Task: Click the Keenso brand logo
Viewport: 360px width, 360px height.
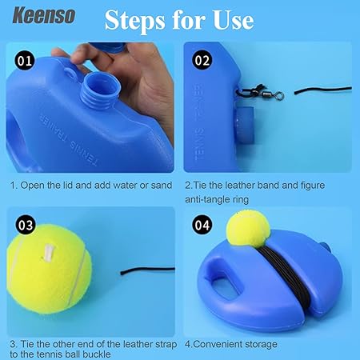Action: coord(44,15)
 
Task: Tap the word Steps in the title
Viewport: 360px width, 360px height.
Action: coord(135,21)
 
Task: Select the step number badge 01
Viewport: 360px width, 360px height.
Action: coord(25,60)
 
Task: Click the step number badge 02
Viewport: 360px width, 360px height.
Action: coord(202,60)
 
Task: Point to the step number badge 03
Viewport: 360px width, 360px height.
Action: coord(26,225)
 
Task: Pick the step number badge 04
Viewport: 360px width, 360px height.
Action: coord(202,225)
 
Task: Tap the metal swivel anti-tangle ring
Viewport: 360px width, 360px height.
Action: coord(270,94)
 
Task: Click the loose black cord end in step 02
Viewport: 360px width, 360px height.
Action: coord(323,90)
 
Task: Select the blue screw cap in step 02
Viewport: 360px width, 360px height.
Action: coord(244,125)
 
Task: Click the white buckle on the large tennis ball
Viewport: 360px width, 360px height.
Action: coord(48,253)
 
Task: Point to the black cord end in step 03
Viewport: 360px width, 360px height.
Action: coord(147,270)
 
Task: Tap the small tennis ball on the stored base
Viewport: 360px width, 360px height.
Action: coord(248,228)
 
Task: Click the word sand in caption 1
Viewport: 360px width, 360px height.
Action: coord(162,186)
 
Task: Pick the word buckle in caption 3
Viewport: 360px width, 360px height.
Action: coord(97,354)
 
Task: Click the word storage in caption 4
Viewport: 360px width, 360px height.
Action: coord(261,344)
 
